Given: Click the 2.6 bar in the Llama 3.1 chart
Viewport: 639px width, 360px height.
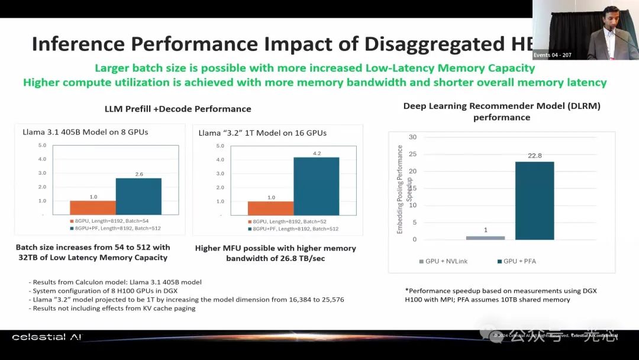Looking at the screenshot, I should coord(138,196).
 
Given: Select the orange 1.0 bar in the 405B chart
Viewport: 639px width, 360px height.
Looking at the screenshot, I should coord(93,207).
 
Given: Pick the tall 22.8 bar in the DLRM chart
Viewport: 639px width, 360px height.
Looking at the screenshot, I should coord(534,200).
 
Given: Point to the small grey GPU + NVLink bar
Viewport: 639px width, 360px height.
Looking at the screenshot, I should coord(486,237).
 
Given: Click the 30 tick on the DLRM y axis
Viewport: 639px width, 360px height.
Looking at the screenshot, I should coord(412,137).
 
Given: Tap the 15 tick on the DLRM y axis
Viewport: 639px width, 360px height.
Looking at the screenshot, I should coord(412,188).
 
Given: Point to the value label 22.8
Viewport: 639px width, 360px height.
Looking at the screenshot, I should coord(534,156).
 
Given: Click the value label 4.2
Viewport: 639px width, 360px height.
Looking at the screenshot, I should coord(317,153).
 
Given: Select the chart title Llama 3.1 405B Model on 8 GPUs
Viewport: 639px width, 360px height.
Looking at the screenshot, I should coord(85,131).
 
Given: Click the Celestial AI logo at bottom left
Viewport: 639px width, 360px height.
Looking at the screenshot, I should coord(47,337).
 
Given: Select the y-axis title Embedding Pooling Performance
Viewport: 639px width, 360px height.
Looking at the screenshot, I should coord(400,189).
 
